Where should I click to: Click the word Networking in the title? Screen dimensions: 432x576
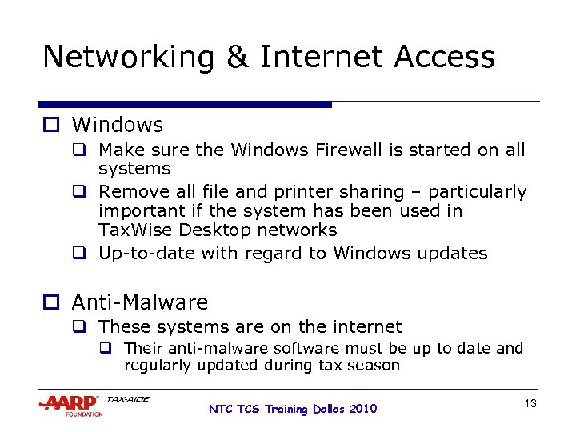[128, 58]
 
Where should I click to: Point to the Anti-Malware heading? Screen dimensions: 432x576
[140, 302]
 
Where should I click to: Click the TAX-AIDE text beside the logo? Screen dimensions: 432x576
[128, 398]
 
